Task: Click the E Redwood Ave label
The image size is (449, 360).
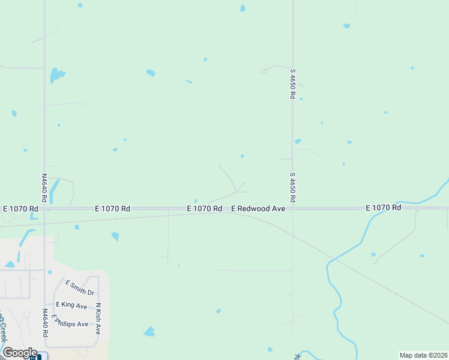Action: [x=258, y=208]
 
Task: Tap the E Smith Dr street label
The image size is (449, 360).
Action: [x=80, y=288]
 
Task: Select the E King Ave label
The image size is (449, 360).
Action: [x=71, y=305]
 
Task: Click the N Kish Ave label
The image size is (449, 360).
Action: [x=98, y=319]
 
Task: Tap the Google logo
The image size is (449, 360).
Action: [x=20, y=353]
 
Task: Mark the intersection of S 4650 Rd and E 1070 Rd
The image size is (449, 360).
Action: [x=292, y=208]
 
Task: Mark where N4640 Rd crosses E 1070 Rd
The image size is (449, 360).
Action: [x=44, y=208]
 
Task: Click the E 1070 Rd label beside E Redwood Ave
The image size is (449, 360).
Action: [x=205, y=208]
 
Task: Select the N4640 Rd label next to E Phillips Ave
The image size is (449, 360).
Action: [x=45, y=323]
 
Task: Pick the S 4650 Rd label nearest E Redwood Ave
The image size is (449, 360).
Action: [x=292, y=187]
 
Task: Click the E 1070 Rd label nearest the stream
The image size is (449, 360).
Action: [x=384, y=207]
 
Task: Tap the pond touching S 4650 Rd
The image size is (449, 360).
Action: [x=297, y=142]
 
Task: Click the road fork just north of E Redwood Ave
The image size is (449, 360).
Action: [x=238, y=191]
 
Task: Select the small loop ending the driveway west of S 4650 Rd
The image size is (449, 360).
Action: [x=263, y=71]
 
